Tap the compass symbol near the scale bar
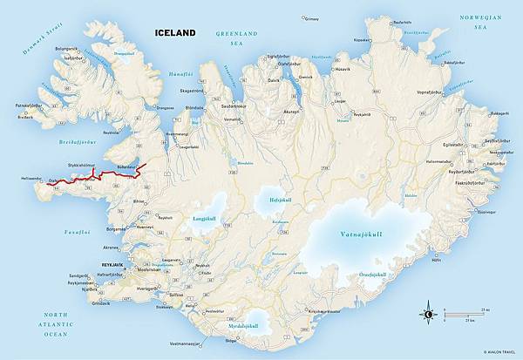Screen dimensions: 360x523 click(428, 313)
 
